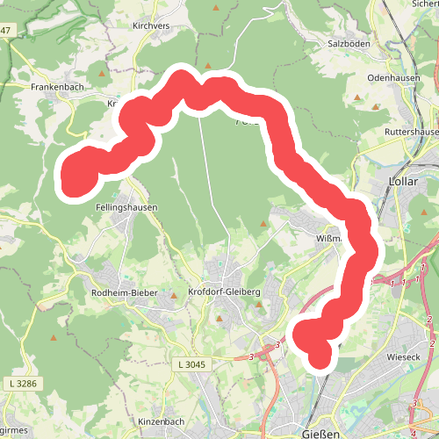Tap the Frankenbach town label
coord(56,88)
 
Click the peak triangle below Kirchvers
coord(208,65)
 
